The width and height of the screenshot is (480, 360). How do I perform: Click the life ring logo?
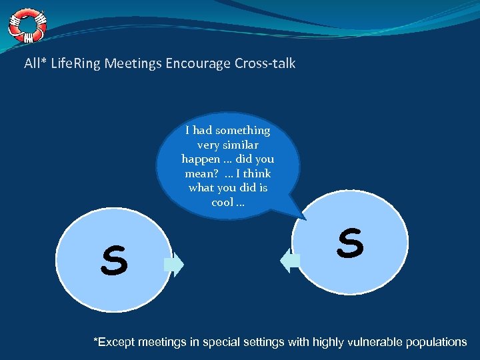[x=27, y=25]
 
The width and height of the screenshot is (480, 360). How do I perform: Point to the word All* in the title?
[x=34, y=64]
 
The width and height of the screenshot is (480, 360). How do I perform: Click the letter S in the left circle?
[x=114, y=261]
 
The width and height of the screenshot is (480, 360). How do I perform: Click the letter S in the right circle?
[x=350, y=243]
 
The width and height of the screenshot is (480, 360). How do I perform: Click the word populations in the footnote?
[x=438, y=342]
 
